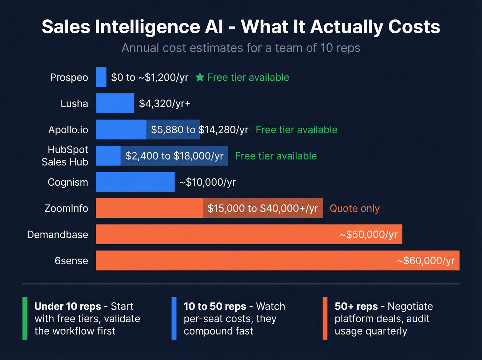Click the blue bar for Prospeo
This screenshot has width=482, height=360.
click(x=101, y=77)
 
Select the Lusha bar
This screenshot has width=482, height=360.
click(x=115, y=103)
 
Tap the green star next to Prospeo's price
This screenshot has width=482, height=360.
click(x=200, y=77)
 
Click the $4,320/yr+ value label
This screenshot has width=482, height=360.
click(x=165, y=103)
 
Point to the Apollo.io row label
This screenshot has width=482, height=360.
click(x=68, y=130)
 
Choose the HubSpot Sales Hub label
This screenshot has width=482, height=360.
click(x=65, y=156)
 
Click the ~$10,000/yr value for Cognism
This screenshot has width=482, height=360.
click(x=208, y=182)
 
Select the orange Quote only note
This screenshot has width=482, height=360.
click(x=355, y=208)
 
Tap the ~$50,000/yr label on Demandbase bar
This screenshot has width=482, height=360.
click(x=368, y=235)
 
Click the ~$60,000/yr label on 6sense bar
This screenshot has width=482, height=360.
click(x=426, y=261)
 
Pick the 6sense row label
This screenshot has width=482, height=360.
click(x=71, y=261)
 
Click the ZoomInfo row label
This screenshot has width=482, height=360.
click(x=66, y=208)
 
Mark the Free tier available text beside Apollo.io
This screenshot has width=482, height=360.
click(x=296, y=130)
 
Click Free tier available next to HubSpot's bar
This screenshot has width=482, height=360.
click(x=276, y=156)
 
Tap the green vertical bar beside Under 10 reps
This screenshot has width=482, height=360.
click(x=25, y=318)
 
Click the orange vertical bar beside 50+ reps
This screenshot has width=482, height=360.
click(x=325, y=318)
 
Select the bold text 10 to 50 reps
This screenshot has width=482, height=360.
click(x=215, y=306)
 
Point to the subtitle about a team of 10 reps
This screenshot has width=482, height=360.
click(x=241, y=48)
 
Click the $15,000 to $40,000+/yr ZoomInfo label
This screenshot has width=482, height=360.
click(x=263, y=208)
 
